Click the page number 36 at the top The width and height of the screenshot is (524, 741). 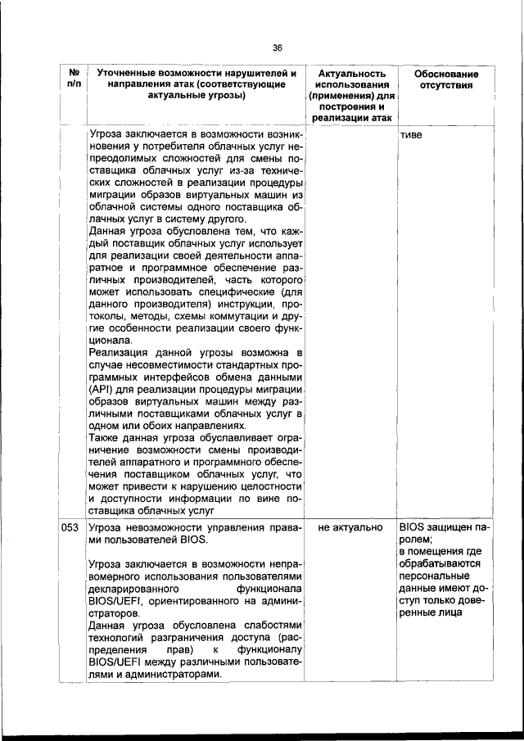pyautogui.click(x=278, y=47)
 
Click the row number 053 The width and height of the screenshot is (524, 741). pyautogui.click(x=70, y=528)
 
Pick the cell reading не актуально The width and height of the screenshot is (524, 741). pyautogui.click(x=350, y=528)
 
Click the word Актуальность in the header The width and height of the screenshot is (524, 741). pyautogui.click(x=350, y=74)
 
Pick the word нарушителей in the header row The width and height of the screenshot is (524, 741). pyautogui.click(x=249, y=74)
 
